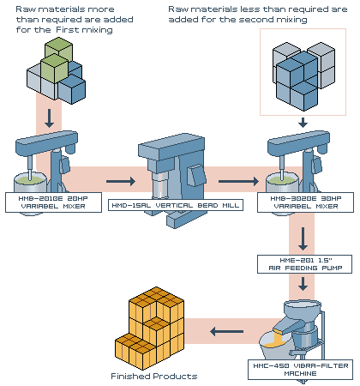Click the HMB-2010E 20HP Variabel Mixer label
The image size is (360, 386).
(53, 202)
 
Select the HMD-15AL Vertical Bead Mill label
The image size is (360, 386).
(176, 205)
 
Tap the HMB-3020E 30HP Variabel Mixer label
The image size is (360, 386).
(305, 202)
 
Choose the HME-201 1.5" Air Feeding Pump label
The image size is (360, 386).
(305, 264)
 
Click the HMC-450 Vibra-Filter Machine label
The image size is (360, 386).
(301, 370)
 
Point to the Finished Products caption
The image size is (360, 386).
(154, 376)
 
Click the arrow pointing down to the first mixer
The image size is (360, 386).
(50, 118)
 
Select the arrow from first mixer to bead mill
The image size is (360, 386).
(121, 181)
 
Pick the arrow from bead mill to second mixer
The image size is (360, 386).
(238, 181)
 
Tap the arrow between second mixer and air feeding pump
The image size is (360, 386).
(303, 238)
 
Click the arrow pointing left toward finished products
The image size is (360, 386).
(226, 332)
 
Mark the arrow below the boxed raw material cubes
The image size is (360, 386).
(303, 123)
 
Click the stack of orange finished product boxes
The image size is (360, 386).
(150, 329)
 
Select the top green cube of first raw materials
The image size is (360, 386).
(59, 51)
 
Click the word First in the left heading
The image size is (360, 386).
(67, 30)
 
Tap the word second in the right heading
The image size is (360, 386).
(253, 20)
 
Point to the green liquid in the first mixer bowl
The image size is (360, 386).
(30, 180)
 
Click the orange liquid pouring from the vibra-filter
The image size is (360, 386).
(276, 339)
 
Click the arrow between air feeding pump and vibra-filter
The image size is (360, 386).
(303, 284)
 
